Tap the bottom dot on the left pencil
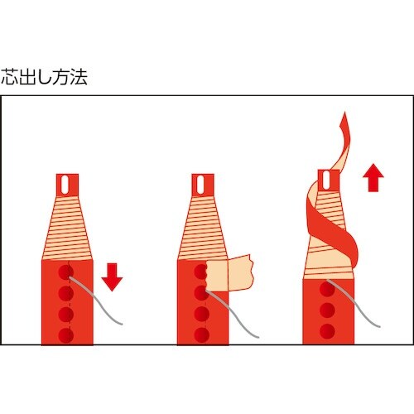pyautogui.click(x=66, y=334)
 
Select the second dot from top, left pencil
pyautogui.click(x=66, y=293)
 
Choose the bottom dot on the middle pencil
pyautogui.click(x=201, y=334)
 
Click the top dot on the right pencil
pyautogui.click(x=326, y=290)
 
